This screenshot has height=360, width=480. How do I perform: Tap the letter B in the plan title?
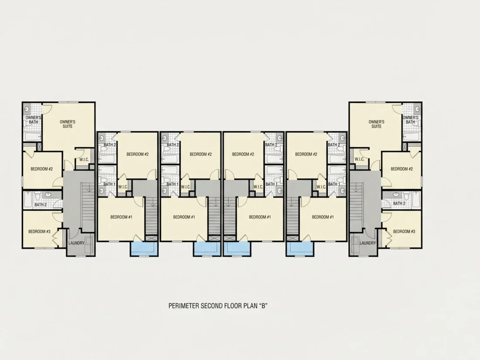coord(262,305)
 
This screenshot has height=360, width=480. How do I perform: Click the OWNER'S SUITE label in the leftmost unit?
coord(67,124)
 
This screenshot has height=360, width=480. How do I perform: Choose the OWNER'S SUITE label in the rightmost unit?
coord(377,124)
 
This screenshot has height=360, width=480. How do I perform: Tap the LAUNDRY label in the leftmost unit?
coord(76,243)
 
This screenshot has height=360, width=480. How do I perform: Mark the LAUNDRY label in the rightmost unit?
coord(368,243)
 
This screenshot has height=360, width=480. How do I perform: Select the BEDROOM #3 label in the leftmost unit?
coord(39,231)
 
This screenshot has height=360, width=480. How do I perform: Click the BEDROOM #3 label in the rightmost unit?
coord(404,231)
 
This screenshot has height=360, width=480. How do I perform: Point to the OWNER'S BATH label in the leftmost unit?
coord(33,120)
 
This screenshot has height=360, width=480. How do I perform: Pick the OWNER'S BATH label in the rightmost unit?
coord(411,120)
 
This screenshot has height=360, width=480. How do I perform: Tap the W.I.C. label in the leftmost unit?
coord(84,159)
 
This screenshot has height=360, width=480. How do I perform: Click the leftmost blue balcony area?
coord(144,248)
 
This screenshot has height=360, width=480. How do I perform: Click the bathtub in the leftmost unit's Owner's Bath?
coord(33,137)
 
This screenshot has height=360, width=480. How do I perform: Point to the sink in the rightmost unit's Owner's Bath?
coord(417,108)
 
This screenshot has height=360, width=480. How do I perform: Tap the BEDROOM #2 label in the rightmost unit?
coord(401,169)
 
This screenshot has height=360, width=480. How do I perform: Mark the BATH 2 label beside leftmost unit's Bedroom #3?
coord(41,205)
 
